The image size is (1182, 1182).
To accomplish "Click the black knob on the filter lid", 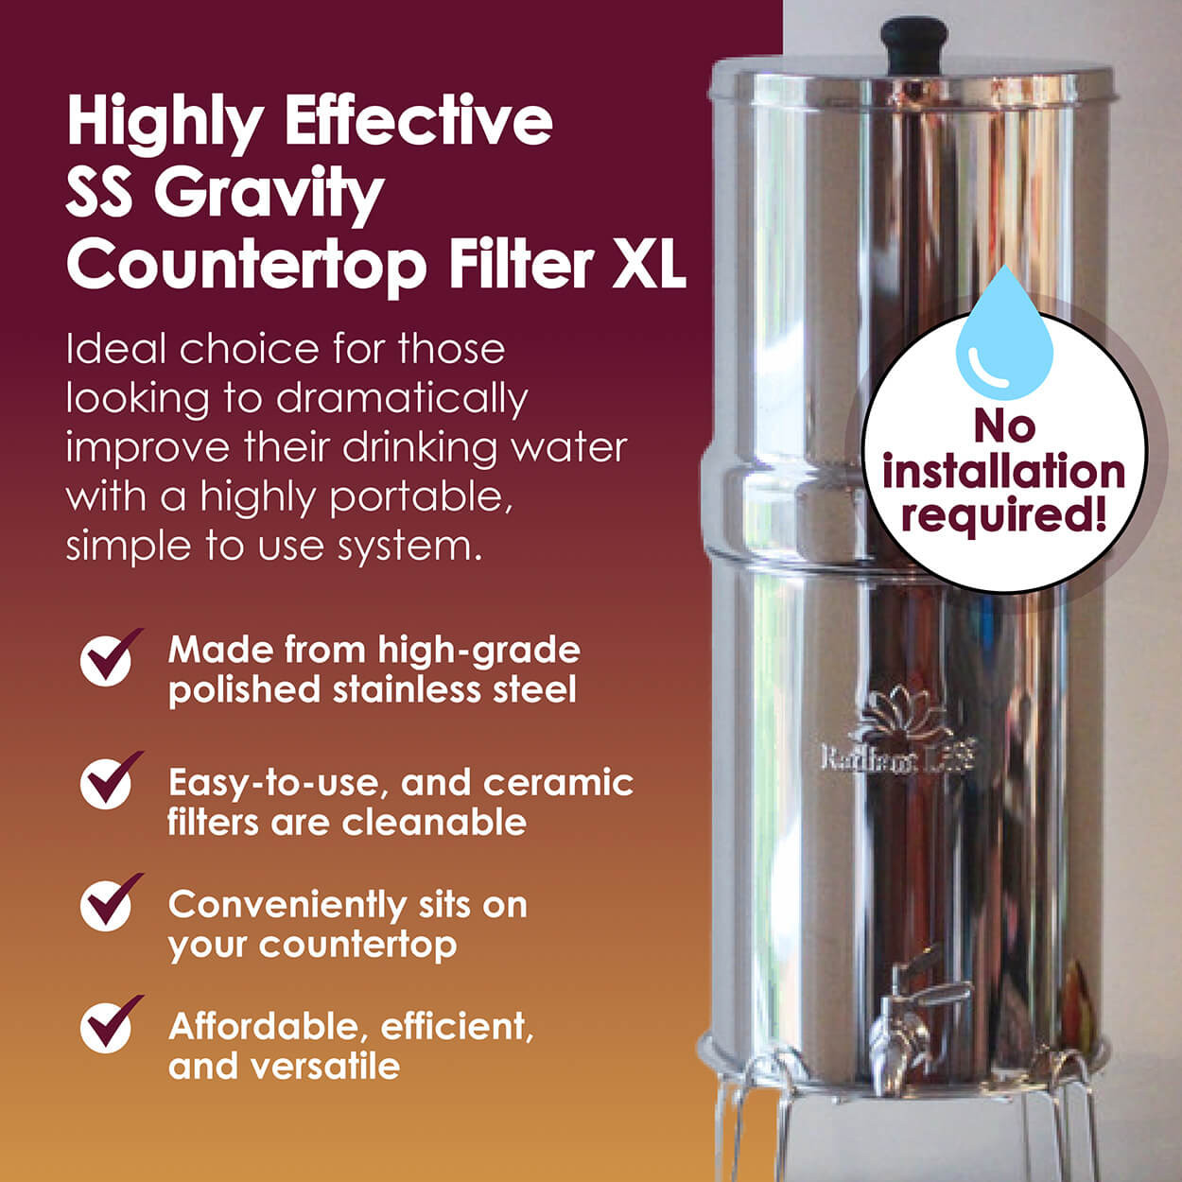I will (913, 43).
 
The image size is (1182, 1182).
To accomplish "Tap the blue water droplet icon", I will (1003, 336).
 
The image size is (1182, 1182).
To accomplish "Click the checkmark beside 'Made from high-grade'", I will (109, 658).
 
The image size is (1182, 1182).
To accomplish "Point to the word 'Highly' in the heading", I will (165, 123).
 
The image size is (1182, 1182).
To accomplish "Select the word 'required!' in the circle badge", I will (1003, 516).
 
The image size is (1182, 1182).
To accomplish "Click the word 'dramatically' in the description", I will (401, 399).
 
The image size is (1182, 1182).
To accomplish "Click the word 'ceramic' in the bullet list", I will (558, 783).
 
